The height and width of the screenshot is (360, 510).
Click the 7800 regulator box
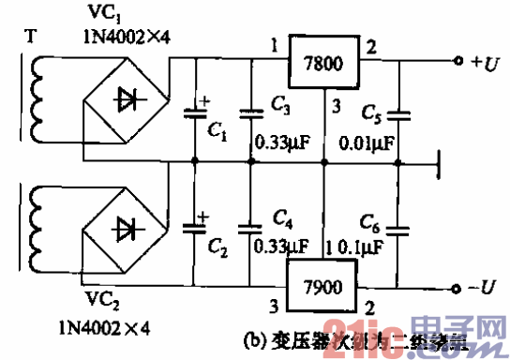[323, 64]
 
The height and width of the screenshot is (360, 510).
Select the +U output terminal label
[488, 63]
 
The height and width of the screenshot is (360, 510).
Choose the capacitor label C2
[217, 248]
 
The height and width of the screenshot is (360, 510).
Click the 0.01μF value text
[367, 146]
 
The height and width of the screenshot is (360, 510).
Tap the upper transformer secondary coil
[37, 97]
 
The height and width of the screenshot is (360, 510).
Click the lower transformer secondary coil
[37, 223]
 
